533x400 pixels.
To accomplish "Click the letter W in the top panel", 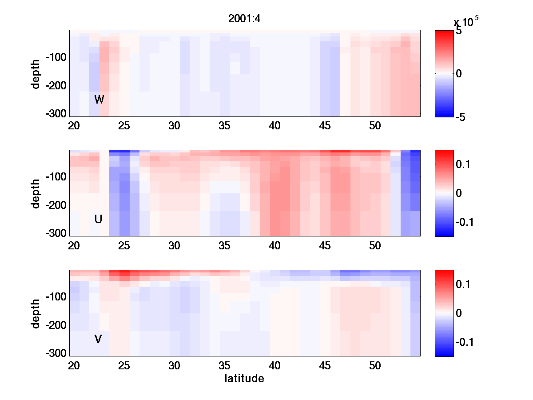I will coord(99,100).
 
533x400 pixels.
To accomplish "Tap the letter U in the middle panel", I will coord(99,219).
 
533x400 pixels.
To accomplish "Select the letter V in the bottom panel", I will coord(98,340).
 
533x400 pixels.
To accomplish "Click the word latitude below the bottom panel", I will coord(244,379).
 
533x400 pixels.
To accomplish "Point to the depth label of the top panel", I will coord(36,73).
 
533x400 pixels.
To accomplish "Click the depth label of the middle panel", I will coord(36,193).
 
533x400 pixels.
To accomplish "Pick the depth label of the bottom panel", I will coord(36,313).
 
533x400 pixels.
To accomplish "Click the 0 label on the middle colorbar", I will coord(459,193).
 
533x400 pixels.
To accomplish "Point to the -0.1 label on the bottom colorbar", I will coord(464,342).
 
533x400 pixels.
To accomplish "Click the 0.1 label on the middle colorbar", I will coord(462,165).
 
